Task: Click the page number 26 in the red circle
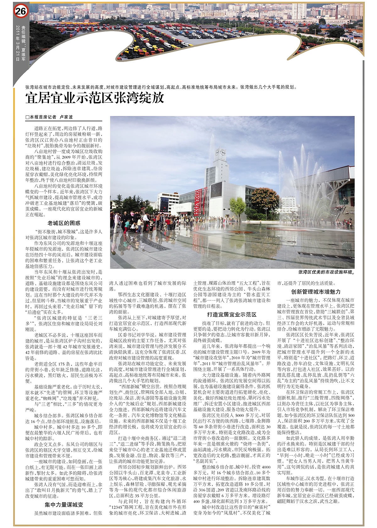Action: coord(21,12)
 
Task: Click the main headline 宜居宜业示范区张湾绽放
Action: coord(95,98)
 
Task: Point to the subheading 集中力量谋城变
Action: coord(64,505)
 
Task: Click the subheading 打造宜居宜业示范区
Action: coord(232,314)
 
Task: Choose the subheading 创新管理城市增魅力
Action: coord(316,292)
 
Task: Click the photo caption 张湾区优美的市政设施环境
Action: coord(326,272)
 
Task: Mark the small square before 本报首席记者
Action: coord(27,117)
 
